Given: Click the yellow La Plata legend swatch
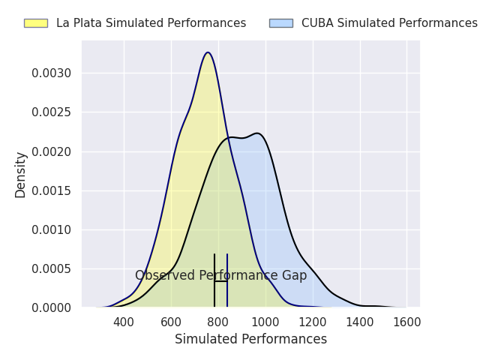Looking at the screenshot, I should (x=35, y=23).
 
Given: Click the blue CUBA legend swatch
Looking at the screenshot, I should (x=280, y=23).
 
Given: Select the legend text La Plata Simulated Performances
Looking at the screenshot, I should (x=151, y=23).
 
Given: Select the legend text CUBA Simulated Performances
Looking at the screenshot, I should (x=389, y=23).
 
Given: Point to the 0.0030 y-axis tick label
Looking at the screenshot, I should (x=52, y=73).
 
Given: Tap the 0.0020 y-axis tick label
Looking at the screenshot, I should (x=52, y=151).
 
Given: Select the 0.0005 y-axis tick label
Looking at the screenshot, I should (x=52, y=268).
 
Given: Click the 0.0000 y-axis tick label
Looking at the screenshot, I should (x=52, y=307).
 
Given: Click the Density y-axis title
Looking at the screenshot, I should (x=21, y=174).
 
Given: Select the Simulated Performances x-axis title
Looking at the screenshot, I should (x=250, y=340).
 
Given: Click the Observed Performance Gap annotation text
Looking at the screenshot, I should (x=220, y=275).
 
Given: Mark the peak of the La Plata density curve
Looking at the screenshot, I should (x=208, y=52).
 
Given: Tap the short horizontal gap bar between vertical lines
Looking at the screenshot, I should (x=220, y=281).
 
